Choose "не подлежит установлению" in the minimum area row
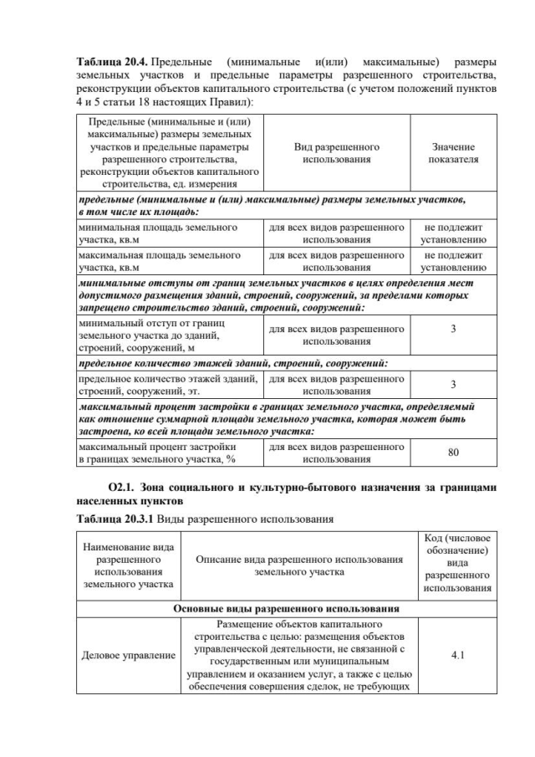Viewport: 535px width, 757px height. pos(453,233)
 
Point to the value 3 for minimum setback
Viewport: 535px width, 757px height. pos(453,329)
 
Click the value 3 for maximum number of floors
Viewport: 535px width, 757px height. pos(453,384)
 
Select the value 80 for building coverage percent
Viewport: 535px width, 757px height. pos(453,453)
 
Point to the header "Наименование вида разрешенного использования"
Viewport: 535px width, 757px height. pos(128,565)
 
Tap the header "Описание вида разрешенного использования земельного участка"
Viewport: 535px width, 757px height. pos(298,565)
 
